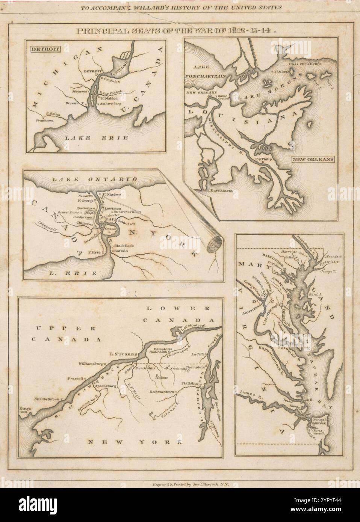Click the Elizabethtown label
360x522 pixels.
pos(47,399)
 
